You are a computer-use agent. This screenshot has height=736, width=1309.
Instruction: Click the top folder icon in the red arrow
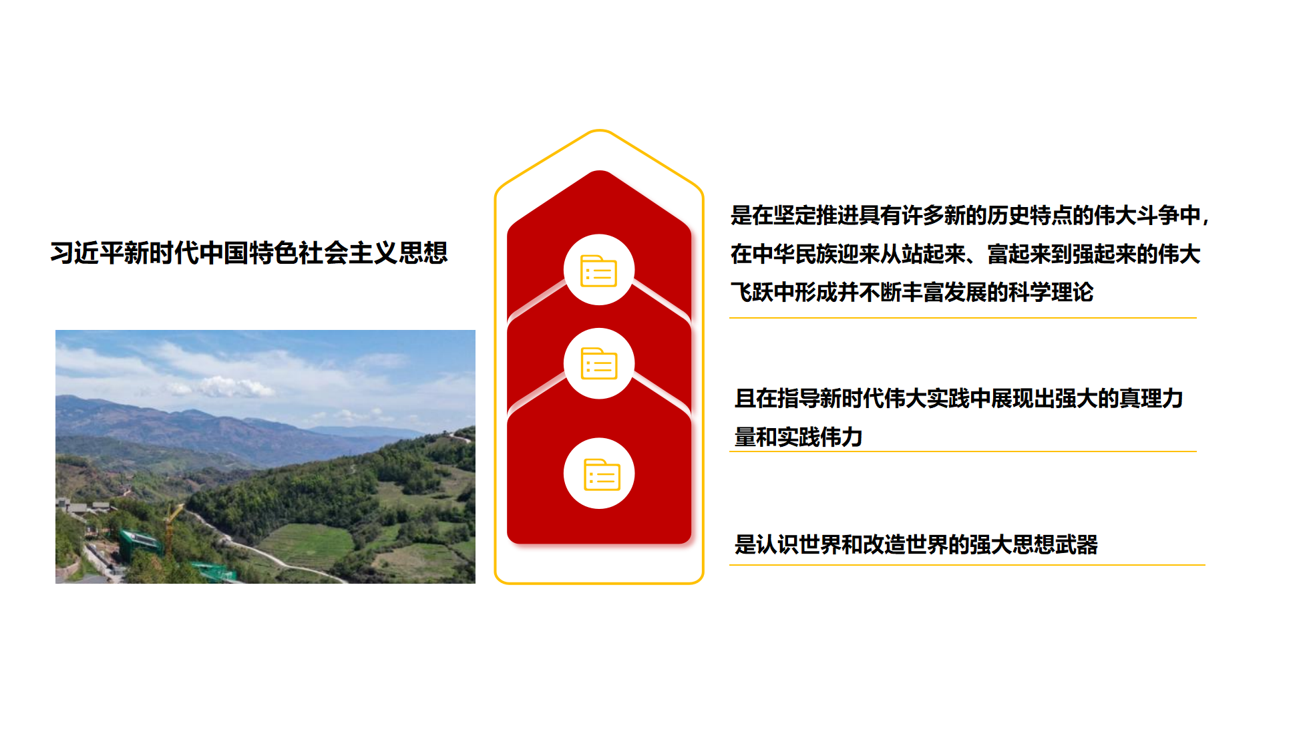click(598, 270)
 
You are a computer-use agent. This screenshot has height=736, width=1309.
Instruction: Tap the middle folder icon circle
click(599, 363)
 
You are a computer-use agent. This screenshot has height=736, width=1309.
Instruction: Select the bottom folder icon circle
click(599, 474)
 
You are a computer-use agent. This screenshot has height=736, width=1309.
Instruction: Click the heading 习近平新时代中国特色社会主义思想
click(248, 253)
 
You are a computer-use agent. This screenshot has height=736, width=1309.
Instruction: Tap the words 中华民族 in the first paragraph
click(795, 254)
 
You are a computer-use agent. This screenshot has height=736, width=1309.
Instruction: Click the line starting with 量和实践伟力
click(799, 437)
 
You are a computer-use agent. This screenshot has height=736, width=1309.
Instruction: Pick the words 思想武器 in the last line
click(1055, 545)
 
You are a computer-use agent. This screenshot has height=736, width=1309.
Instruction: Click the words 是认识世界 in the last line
click(788, 545)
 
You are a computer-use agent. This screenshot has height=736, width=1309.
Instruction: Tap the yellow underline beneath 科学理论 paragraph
click(963, 318)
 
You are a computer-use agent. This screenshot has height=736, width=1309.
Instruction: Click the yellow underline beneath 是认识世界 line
click(967, 565)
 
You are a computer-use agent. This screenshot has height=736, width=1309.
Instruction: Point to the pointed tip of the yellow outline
click(600, 130)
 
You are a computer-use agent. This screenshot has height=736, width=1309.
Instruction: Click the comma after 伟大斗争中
click(1205, 219)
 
